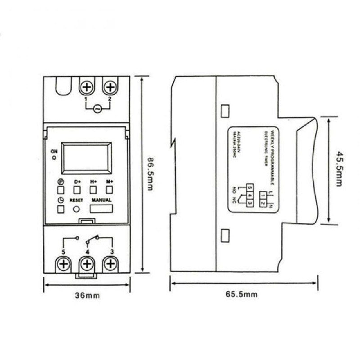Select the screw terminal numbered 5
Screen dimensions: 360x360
click(x=64, y=264)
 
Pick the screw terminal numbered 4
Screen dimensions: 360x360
click(x=87, y=264)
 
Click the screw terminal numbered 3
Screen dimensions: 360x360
click(x=109, y=264)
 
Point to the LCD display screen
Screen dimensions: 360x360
click(x=86, y=158)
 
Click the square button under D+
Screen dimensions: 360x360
click(x=77, y=189)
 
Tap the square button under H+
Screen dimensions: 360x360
click(x=93, y=189)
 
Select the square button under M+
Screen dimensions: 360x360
click(x=109, y=189)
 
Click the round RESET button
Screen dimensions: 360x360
click(x=77, y=209)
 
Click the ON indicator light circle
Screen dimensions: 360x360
click(x=54, y=158)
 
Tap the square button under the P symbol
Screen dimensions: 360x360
click(x=61, y=189)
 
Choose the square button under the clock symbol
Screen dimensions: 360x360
click(x=61, y=209)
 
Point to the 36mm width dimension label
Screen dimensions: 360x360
click(x=87, y=296)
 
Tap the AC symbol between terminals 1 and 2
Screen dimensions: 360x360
click(x=98, y=108)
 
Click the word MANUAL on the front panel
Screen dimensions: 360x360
click(x=101, y=199)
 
